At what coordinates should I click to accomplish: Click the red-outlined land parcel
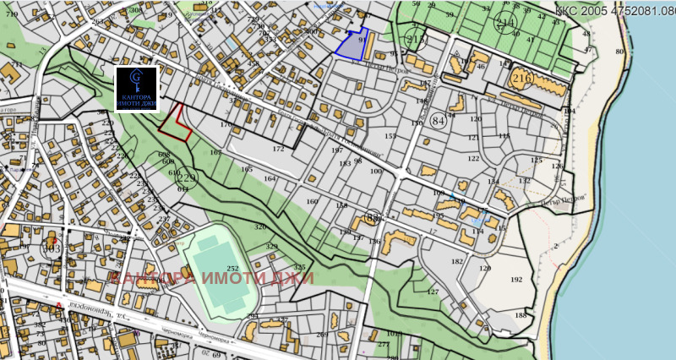click(x=175, y=123)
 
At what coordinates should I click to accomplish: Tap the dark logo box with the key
click(x=136, y=88)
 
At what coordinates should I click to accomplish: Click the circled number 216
click(x=521, y=79)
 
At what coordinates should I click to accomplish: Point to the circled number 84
click(x=438, y=121)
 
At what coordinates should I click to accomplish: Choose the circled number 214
click(x=506, y=22)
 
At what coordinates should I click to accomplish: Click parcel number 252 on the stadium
click(x=232, y=267)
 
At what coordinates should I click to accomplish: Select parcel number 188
click(x=520, y=315)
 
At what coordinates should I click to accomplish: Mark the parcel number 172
click(x=278, y=149)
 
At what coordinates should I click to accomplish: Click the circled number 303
click(x=52, y=248)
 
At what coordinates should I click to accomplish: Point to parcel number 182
click(x=457, y=262)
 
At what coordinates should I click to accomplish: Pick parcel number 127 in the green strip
click(x=432, y=292)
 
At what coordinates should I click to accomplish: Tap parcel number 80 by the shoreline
click(x=619, y=52)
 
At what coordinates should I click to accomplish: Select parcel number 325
click(x=299, y=268)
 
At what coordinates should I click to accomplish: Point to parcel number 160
click(x=312, y=202)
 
